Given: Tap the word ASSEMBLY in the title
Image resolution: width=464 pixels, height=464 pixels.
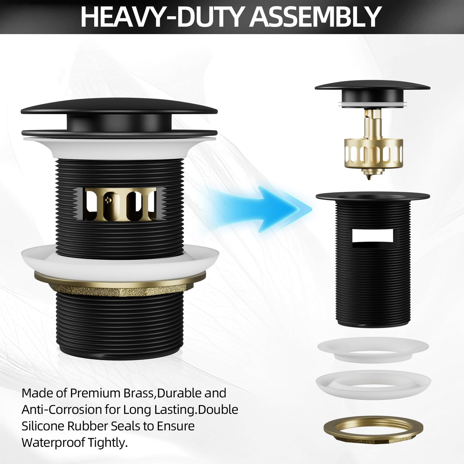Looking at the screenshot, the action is (x=316, y=17).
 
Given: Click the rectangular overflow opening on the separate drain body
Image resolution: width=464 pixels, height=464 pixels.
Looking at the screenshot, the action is (x=373, y=235).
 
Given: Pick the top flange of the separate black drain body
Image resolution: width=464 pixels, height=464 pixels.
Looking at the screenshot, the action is (x=373, y=197).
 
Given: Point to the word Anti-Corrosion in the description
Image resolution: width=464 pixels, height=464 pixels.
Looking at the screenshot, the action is (x=61, y=410).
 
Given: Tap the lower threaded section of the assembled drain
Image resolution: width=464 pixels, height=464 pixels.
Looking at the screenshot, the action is (x=120, y=326).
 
